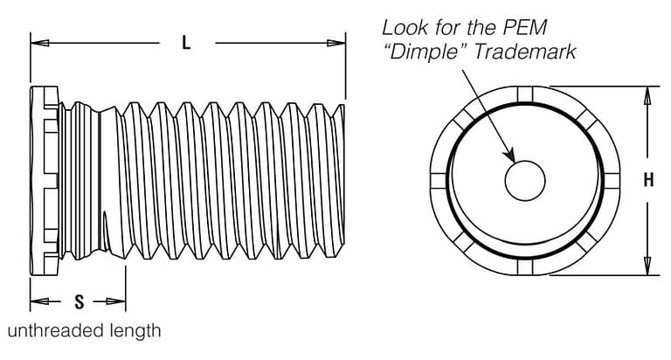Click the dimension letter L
click(186, 43)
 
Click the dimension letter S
click(79, 302)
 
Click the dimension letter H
click(648, 181)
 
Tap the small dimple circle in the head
click(526, 181)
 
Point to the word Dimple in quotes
click(425, 52)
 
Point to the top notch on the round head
click(525, 94)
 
